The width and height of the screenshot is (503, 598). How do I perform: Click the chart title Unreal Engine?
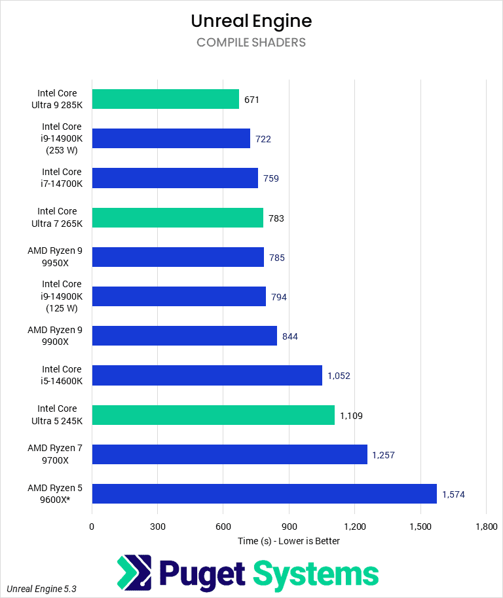pyautogui.click(x=251, y=21)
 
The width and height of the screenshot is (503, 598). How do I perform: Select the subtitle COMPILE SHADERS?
pyautogui.click(x=251, y=43)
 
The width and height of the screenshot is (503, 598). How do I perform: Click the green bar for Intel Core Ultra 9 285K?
pyautogui.click(x=165, y=99)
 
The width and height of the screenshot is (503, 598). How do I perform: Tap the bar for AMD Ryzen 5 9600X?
pyautogui.click(x=264, y=494)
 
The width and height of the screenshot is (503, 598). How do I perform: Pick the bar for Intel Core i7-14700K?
pyautogui.click(x=175, y=178)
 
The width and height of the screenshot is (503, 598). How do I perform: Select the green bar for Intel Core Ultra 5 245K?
pyautogui.click(x=213, y=415)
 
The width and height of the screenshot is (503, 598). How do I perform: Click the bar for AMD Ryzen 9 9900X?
pyautogui.click(x=184, y=336)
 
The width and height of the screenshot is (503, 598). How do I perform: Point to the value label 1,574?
pyautogui.click(x=453, y=494)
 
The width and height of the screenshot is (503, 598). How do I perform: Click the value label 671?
pyautogui.click(x=252, y=100)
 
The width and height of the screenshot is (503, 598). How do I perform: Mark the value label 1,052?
pyautogui.click(x=339, y=376)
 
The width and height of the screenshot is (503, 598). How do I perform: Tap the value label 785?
pyautogui.click(x=277, y=258)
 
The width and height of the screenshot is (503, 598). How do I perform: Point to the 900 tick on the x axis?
pyautogui.click(x=289, y=527)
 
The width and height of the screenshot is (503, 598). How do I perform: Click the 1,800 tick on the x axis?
pyautogui.click(x=485, y=527)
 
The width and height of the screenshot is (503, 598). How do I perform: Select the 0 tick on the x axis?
pyautogui.click(x=92, y=527)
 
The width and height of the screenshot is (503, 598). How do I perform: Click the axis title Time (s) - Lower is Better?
pyautogui.click(x=289, y=541)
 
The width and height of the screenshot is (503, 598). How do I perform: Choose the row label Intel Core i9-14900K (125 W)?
pyautogui.click(x=62, y=296)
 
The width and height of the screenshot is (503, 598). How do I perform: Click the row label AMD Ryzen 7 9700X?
pyautogui.click(x=55, y=454)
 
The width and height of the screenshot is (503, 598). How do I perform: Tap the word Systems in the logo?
pyautogui.click(x=316, y=574)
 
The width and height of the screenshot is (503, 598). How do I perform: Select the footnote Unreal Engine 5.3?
pyautogui.click(x=42, y=589)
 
